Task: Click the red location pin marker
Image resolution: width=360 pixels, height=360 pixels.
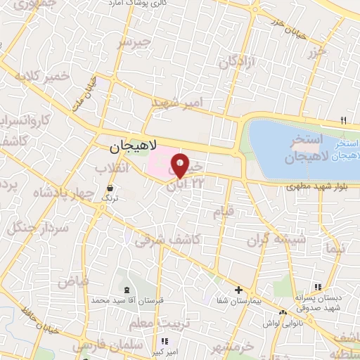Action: (x=180, y=165)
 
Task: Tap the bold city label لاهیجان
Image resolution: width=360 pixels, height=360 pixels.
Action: (x=133, y=148)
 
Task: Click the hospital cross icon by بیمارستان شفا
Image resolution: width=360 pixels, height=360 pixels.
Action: (x=238, y=290)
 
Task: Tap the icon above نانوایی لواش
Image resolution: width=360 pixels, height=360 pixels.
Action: (x=283, y=313)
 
